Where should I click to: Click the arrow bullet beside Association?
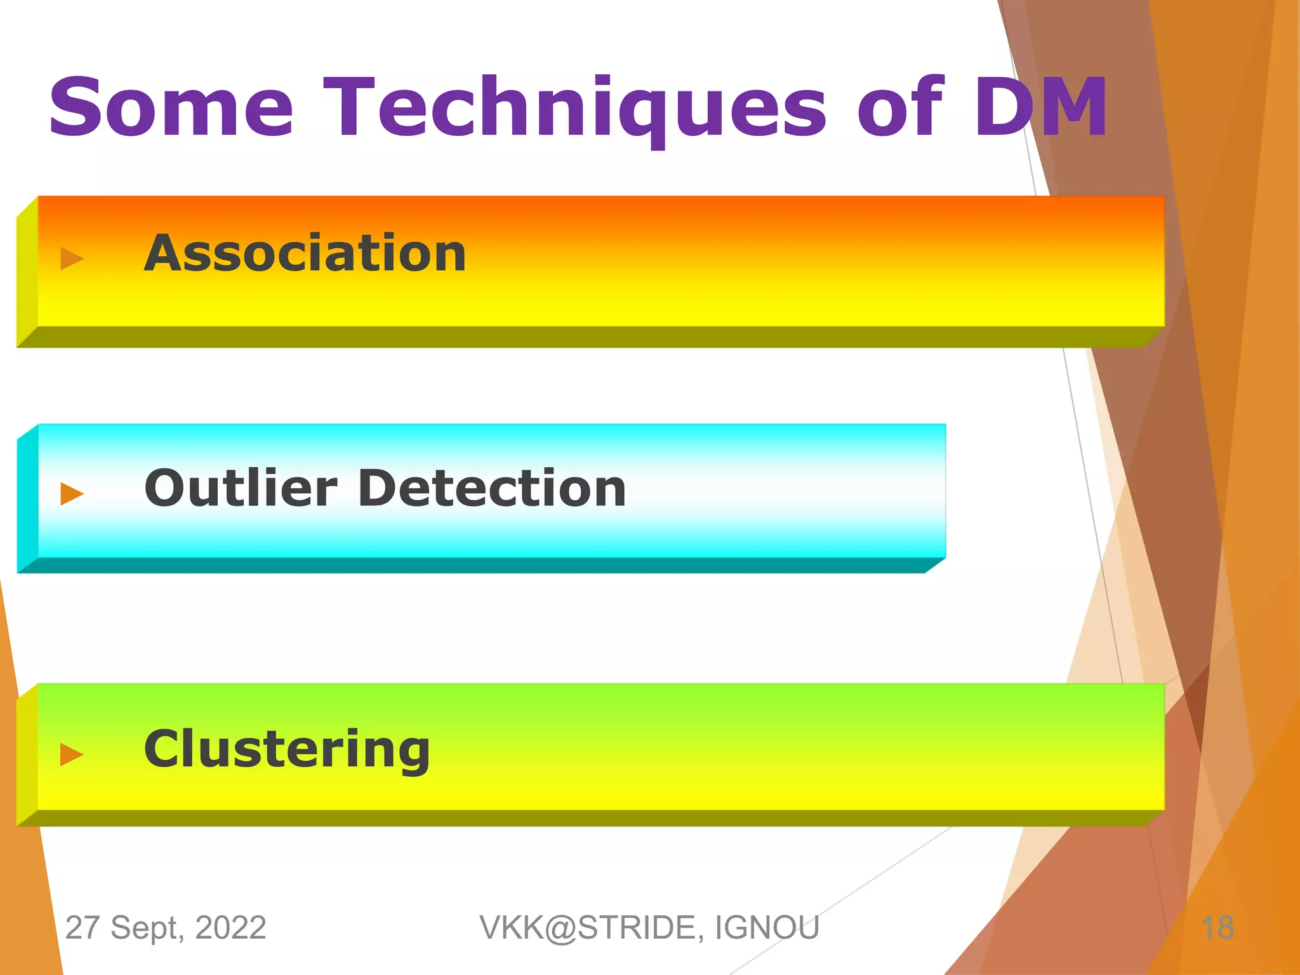[72, 258]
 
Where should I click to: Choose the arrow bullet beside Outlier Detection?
[72, 493]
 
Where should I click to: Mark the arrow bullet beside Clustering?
[72, 754]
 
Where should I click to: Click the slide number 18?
[1217, 928]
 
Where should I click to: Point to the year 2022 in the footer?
[230, 928]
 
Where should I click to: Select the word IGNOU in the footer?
[767, 928]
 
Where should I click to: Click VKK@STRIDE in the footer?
[591, 928]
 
